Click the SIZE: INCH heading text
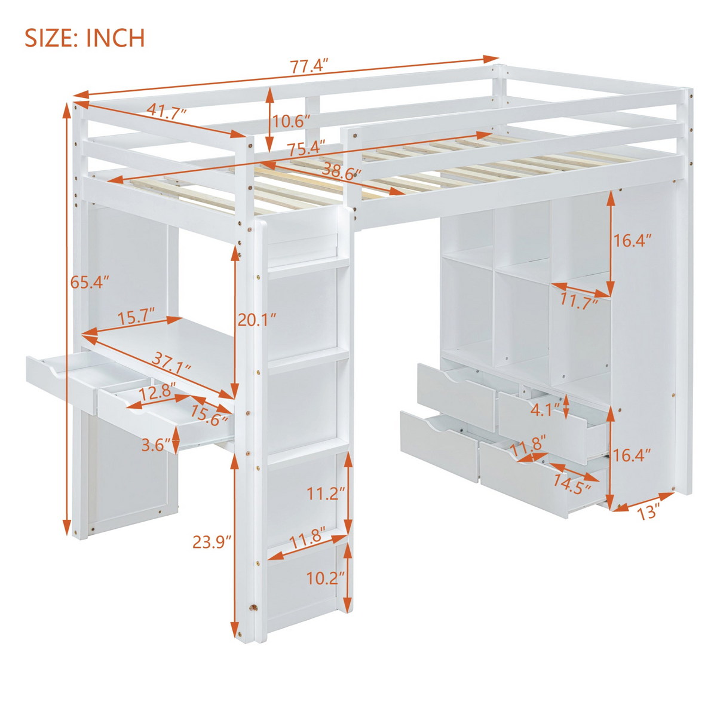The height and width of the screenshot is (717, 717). [x=85, y=38]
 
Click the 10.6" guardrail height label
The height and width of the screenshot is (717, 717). [x=292, y=121]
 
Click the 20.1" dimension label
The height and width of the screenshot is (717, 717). [x=257, y=320]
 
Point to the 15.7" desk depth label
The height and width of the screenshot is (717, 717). [x=136, y=317]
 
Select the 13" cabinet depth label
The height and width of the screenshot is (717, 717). [x=648, y=513]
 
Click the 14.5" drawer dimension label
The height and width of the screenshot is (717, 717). [x=572, y=484]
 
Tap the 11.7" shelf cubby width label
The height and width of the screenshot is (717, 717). [x=580, y=302]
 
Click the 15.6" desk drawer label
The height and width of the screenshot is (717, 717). [x=209, y=415]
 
